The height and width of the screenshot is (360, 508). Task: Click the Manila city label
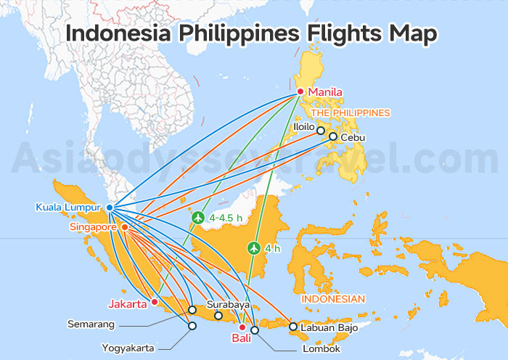coord(324,92)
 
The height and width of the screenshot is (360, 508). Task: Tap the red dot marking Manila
coord(300,91)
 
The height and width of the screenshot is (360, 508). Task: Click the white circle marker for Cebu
coord(333,136)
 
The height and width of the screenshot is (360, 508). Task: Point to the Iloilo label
coord(303,126)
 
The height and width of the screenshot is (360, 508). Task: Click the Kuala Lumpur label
coord(68,208)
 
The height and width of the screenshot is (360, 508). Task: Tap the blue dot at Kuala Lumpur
coord(110,208)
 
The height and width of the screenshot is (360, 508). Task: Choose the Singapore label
coord(94,227)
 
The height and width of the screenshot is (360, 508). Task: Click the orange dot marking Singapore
coord(124,227)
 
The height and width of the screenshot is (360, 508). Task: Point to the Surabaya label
coord(228,305)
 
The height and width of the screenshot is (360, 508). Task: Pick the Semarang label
coord(92,323)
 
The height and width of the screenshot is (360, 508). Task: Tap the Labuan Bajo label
coord(328,327)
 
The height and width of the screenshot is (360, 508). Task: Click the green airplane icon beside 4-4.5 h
coord(197,216)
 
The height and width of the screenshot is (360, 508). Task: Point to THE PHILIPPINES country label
coord(351,113)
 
